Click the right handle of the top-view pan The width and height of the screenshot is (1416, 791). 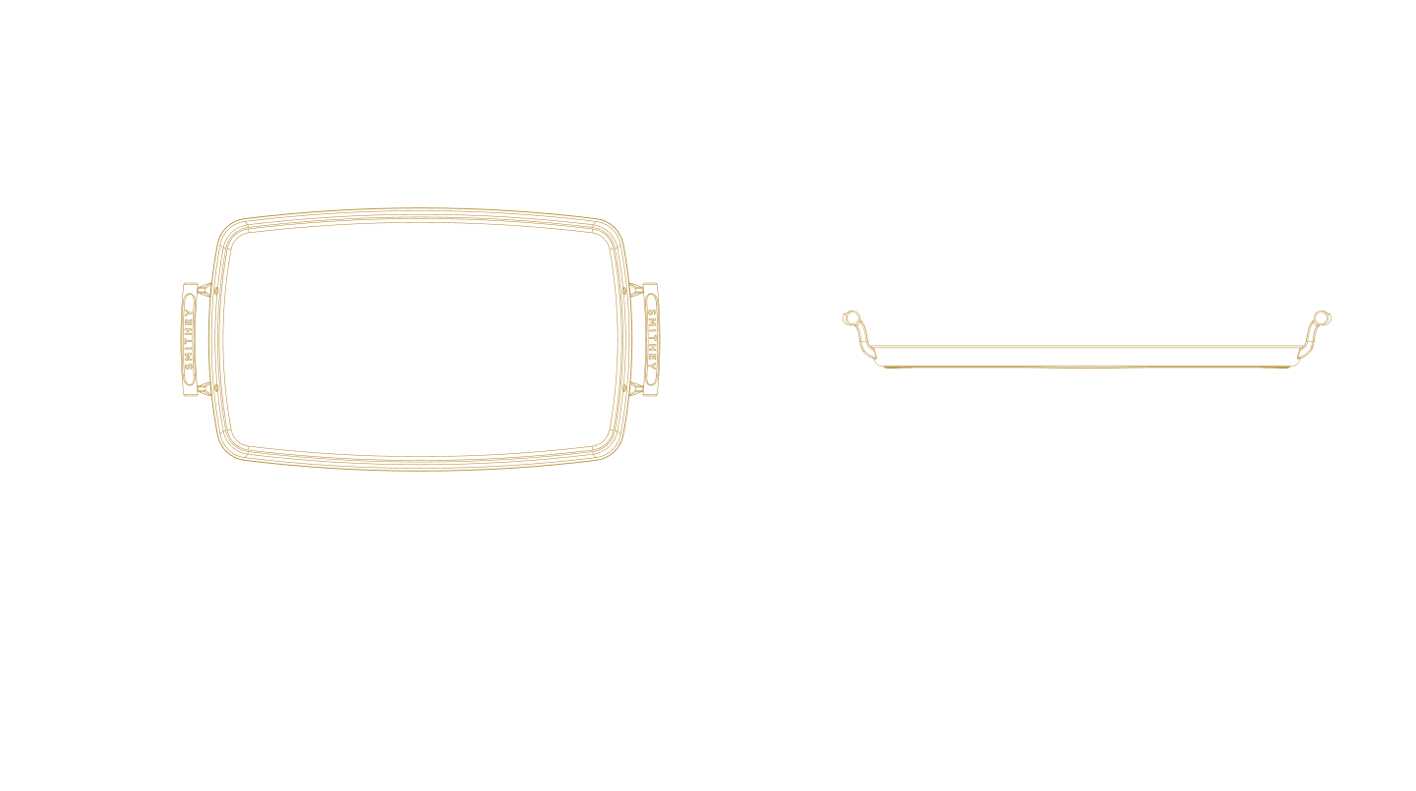(x=649, y=339)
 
